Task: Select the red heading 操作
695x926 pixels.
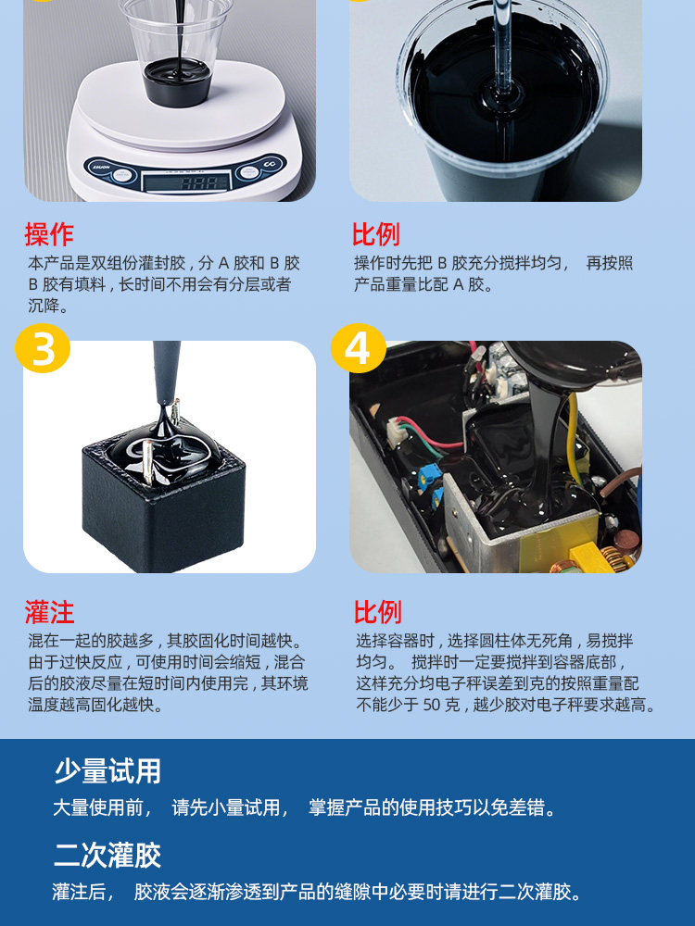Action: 49,234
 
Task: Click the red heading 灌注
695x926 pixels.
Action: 49,612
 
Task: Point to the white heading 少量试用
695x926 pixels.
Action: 107,771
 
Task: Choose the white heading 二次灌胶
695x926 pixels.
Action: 107,855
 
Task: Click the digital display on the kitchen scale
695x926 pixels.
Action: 187,181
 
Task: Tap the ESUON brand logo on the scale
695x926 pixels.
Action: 100,168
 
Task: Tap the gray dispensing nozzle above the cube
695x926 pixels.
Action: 166,373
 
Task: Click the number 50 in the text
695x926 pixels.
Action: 432,705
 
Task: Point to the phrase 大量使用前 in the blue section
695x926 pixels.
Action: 98,807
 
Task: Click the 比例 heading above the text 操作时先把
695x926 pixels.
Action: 376,234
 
